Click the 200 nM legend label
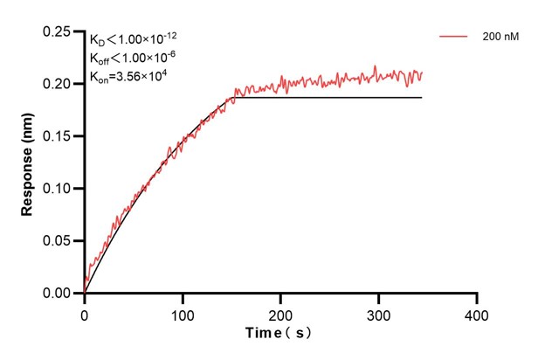pos(500,37)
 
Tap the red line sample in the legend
pos(456,37)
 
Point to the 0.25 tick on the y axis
pos(60,31)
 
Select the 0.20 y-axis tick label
pos(60,84)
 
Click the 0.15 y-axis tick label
pos(60,136)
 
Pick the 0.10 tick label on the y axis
pos(60,189)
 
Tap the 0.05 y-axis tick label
pos(60,241)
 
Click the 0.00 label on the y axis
pos(60,294)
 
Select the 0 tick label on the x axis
pos(85,313)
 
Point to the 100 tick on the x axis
pos(183,313)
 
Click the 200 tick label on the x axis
pos(280,313)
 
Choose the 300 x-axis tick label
pos(378,313)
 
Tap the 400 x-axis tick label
pos(476,313)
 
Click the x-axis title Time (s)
pos(279,333)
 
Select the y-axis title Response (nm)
pos(28,167)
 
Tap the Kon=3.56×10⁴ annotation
pos(129,77)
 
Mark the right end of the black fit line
pos(422,98)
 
